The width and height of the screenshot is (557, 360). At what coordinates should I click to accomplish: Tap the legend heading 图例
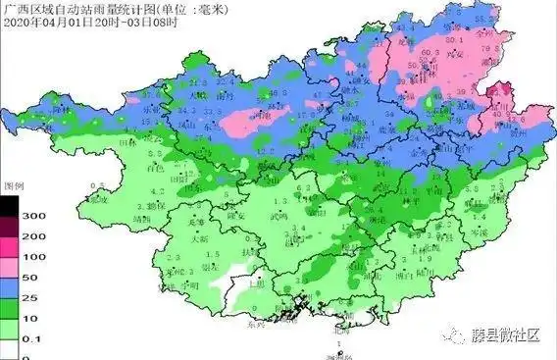click(x=13, y=184)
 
